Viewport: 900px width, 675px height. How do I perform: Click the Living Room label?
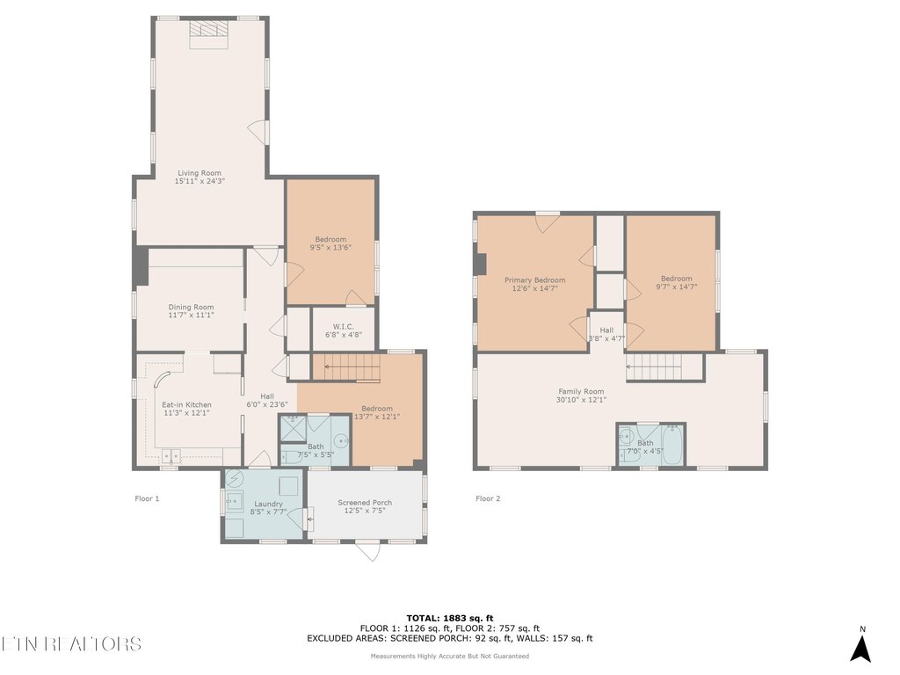coord(200,173)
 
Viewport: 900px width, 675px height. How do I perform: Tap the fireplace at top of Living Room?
coord(209,29)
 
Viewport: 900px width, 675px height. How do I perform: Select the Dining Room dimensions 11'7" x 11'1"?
coord(192,315)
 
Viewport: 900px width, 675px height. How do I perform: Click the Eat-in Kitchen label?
coord(186,404)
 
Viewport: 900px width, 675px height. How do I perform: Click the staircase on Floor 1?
coord(346,367)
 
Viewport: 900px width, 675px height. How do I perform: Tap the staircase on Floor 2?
coord(664,367)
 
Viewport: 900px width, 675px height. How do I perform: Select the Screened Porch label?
coord(365,503)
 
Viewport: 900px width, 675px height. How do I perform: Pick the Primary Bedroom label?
coord(534,279)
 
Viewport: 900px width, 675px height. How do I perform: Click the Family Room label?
coord(581,391)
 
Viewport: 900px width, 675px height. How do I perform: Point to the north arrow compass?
coord(861,646)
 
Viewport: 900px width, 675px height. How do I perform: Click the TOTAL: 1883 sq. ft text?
coord(449,617)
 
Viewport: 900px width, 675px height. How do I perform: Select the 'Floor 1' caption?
coord(147,498)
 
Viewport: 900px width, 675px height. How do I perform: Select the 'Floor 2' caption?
coord(488,498)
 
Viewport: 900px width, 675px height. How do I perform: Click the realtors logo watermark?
coord(70,643)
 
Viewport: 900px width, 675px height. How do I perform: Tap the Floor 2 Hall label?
coord(606,330)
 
